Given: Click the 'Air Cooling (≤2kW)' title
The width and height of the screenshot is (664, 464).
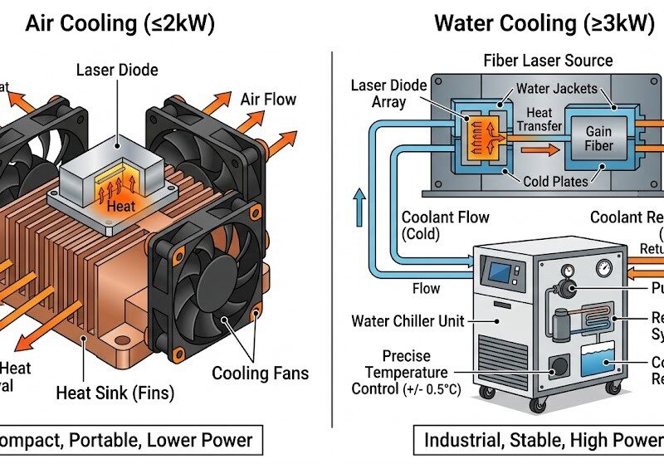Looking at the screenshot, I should click(120, 23).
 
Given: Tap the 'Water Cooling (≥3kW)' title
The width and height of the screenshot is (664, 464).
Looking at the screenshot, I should click(544, 23).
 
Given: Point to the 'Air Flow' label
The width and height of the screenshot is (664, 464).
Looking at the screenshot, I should click(268, 100).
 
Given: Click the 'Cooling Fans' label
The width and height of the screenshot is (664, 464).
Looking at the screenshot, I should click(260, 374).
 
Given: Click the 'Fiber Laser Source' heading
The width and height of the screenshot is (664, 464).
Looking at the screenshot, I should click(548, 61).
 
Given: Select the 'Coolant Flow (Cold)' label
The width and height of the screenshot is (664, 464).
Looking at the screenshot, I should click(445, 225).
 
